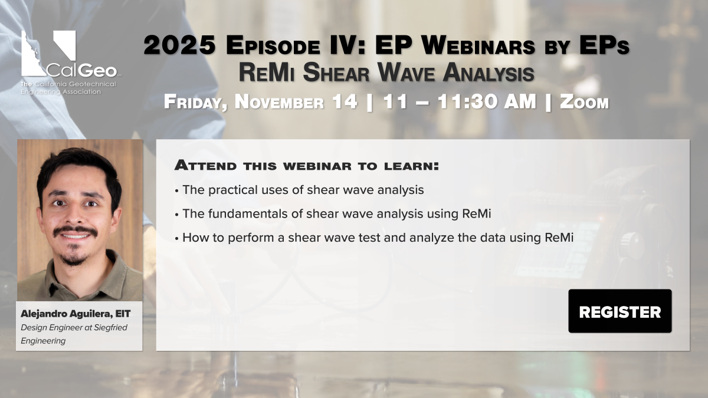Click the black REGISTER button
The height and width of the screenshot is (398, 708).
coord(620,311)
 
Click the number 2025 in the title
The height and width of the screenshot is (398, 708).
coord(179,45)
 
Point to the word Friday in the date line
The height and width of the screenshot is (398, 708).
coord(196,103)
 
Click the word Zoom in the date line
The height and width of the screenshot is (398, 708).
coord(584,103)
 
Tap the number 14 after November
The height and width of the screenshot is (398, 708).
coord(345,101)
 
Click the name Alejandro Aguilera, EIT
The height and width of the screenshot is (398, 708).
coord(76,314)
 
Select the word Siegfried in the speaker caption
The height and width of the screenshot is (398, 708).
coord(111,328)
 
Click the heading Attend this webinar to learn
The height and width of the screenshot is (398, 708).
coord(307,166)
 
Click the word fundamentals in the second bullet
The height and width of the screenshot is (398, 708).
coord(248,213)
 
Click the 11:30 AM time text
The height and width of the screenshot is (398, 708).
coord(487,101)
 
